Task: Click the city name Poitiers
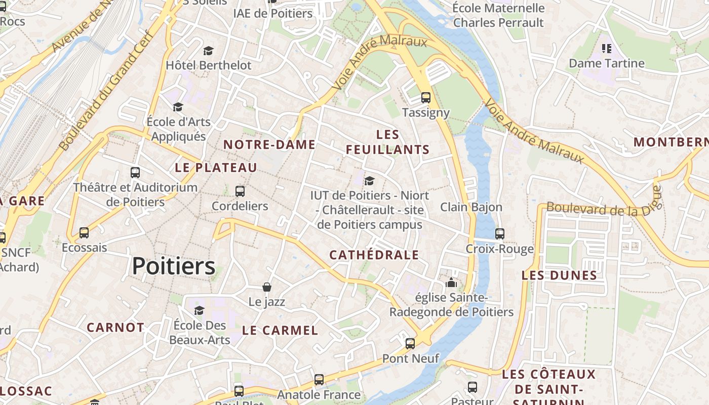tap(174, 266)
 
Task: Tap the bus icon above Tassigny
tap(426, 98)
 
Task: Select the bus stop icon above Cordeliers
tap(240, 191)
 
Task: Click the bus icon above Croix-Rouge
tap(500, 234)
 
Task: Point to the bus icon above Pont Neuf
tap(410, 344)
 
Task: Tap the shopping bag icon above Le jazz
tap(267, 287)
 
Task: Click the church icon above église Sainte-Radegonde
tap(451, 282)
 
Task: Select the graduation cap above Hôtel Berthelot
tap(208, 51)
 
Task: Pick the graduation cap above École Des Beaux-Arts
tap(199, 310)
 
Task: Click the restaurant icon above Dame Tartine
tap(606, 49)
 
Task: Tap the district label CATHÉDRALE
tap(374, 255)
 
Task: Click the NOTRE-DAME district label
tap(269, 145)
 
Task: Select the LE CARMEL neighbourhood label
tap(280, 331)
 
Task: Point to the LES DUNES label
tap(560, 275)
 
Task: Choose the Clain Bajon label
tap(471, 207)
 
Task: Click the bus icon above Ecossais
tap(84, 233)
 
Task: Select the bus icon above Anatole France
tap(319, 379)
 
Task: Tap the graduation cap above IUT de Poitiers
tap(370, 180)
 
